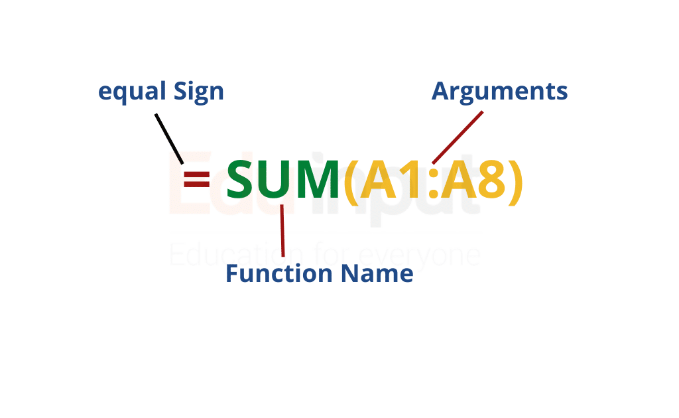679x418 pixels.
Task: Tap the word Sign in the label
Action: tap(199, 92)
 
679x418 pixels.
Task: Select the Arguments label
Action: tap(499, 92)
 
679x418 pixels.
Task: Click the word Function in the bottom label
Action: tap(279, 273)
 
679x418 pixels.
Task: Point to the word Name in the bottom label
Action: tap(377, 273)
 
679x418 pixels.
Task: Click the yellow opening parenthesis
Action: tap(351, 182)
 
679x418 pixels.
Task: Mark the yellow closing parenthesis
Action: tap(516, 182)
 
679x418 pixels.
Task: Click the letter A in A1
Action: tap(379, 179)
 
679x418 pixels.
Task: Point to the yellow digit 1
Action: tap(412, 179)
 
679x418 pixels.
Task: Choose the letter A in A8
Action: tap(458, 179)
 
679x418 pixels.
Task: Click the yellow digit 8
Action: tap(492, 179)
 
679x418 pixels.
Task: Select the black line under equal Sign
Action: tap(169, 139)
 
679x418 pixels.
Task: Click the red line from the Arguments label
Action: tap(458, 138)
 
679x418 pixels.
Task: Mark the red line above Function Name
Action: tap(282, 230)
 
